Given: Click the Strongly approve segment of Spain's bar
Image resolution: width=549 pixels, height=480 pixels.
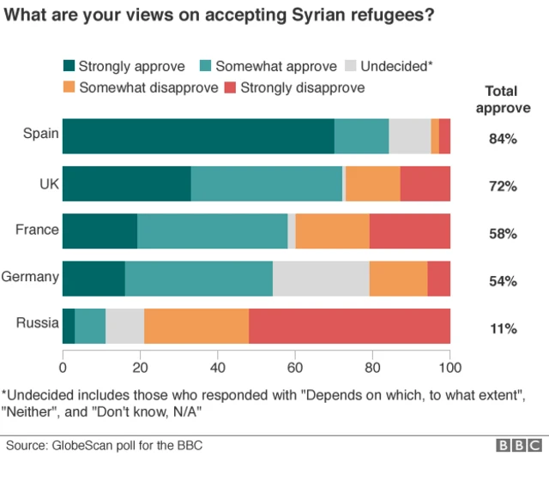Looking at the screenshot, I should point(198,136).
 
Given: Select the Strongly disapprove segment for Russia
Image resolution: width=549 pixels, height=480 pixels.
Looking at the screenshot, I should point(349,325).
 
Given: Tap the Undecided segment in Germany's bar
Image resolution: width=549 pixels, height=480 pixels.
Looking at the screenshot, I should point(321,278).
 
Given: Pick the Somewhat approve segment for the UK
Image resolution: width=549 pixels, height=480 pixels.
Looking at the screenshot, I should point(266,183).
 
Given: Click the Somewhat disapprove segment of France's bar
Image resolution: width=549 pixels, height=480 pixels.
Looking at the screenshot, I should point(332,231).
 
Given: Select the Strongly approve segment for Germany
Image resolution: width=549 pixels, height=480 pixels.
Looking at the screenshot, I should point(94,278).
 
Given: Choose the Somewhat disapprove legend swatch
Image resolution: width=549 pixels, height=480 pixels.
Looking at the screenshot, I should point(69,87).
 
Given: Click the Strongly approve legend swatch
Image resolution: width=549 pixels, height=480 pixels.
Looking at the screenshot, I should point(69,66).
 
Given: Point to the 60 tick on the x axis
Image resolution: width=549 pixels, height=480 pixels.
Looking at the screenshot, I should point(295,368).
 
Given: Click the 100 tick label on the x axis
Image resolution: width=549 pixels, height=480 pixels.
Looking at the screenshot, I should point(449,368).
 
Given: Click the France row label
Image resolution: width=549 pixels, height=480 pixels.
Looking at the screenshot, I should point(37,230).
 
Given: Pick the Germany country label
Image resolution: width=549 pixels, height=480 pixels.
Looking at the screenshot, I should point(31,277).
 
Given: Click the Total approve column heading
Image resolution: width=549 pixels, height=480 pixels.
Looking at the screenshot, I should point(502,99).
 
